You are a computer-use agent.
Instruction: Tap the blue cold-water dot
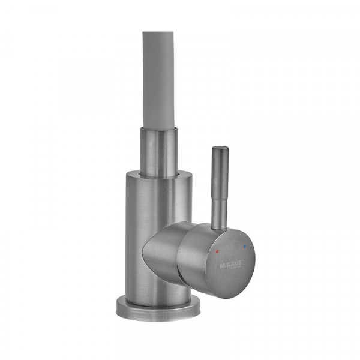point(243,247)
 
